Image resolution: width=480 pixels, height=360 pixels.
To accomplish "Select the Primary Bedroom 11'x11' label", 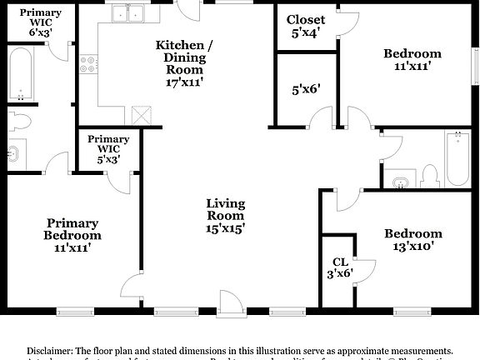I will click(x=72, y=234).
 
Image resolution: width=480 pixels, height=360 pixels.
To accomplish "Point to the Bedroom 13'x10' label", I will click(x=412, y=239).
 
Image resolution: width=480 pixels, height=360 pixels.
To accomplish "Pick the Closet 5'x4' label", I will click(x=306, y=26).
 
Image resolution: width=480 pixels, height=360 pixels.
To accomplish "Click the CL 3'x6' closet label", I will click(x=339, y=267).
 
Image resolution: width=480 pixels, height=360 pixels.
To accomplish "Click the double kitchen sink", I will click(x=128, y=14).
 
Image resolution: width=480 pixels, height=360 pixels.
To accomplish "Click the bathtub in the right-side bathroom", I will click(x=457, y=158).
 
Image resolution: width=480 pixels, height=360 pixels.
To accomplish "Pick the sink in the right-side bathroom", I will click(x=402, y=180).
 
